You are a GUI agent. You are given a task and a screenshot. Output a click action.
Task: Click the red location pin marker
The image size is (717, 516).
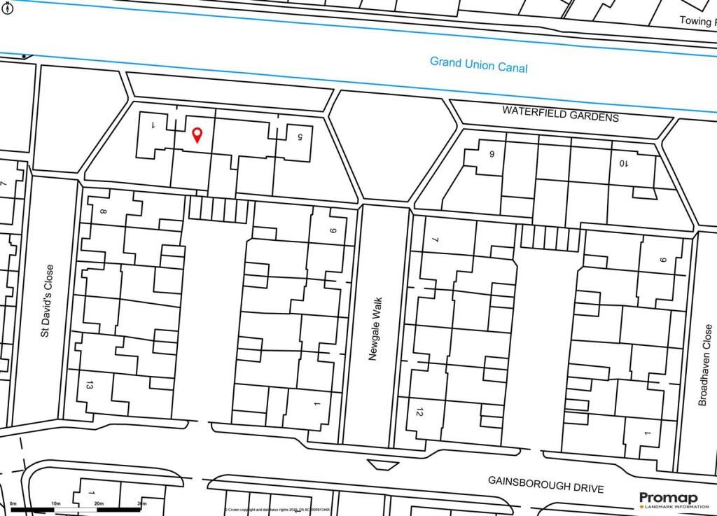197,134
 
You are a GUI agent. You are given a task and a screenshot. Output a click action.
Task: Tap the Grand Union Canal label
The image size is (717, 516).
478,65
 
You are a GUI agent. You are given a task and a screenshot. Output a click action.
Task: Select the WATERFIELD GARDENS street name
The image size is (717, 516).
560,114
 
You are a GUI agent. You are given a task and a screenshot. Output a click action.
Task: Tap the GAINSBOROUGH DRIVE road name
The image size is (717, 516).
545,484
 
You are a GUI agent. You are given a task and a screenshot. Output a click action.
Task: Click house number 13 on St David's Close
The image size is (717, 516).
88,385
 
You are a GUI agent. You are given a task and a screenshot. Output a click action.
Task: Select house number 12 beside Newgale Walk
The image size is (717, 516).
419,413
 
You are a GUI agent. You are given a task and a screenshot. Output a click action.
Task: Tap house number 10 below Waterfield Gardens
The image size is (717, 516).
623,163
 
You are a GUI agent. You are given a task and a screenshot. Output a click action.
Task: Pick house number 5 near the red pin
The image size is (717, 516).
300,137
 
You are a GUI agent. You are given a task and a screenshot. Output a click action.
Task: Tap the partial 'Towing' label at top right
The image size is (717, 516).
697,21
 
